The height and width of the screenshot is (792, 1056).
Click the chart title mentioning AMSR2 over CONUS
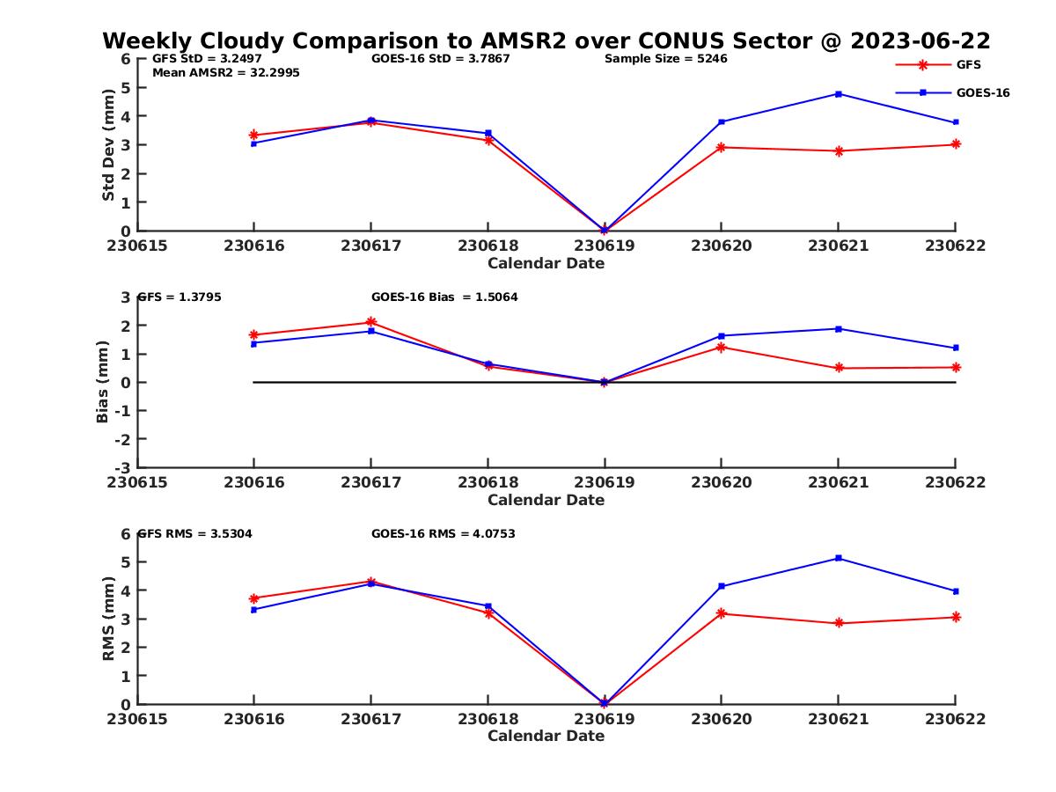click(546, 40)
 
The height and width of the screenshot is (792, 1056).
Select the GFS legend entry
click(968, 64)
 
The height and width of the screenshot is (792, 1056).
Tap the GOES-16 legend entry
click(982, 92)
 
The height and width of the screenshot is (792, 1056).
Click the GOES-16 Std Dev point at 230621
click(839, 93)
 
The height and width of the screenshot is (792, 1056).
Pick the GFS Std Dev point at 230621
click(839, 150)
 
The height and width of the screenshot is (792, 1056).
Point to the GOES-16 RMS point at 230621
click(839, 558)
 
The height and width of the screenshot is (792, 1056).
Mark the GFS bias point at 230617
click(370, 322)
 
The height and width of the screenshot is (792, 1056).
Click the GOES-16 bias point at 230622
click(956, 348)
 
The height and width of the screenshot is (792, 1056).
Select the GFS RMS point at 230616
click(253, 598)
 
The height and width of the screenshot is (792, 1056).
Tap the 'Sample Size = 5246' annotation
click(665, 59)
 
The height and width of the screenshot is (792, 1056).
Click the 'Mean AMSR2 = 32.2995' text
click(225, 73)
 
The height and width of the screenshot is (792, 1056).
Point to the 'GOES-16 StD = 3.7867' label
click(440, 59)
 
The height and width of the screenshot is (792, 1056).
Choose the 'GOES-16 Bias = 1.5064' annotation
click(444, 297)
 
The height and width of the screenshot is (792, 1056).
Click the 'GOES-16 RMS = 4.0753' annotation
click(443, 533)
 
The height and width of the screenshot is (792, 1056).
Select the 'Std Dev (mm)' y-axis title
click(109, 144)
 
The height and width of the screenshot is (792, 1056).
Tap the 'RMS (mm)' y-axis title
click(109, 618)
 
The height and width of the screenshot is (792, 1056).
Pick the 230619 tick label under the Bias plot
click(604, 483)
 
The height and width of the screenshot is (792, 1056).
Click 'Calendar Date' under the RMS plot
click(546, 736)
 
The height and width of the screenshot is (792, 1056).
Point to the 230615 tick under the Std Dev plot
click(136, 246)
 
